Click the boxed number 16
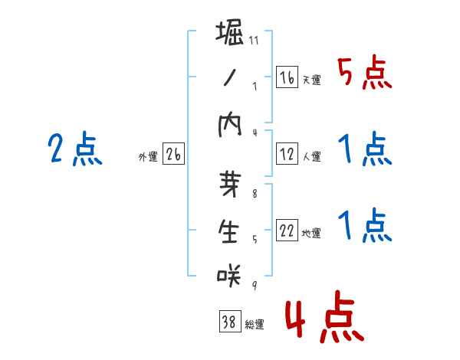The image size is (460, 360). click(287, 77)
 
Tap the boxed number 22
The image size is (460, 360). click(287, 231)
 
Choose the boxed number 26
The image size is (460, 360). click(173, 155)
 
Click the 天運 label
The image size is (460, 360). click(311, 80)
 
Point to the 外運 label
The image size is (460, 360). click(148, 157)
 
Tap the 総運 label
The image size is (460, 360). click(255, 325)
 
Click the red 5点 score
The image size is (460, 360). click(364, 74)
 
